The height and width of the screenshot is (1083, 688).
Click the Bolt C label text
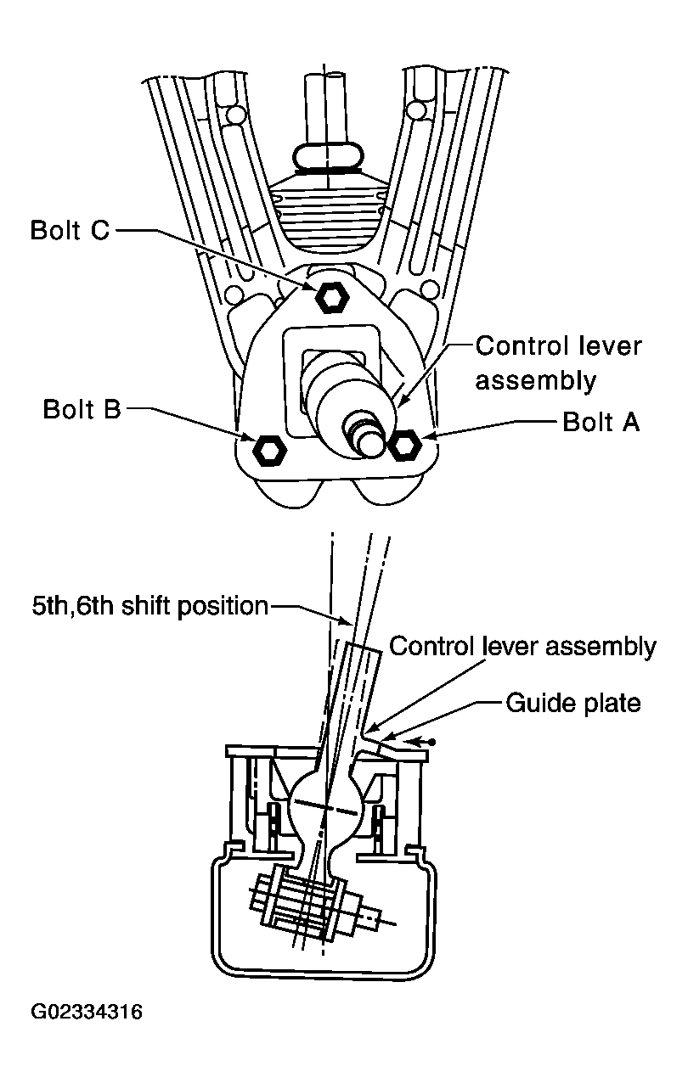click(70, 230)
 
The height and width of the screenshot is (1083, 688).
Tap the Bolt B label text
click(82, 409)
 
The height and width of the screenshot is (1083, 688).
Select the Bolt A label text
click(601, 422)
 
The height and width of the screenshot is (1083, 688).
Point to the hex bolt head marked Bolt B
click(269, 450)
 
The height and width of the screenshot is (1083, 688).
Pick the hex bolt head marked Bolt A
click(405, 446)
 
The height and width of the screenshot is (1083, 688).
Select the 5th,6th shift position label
click(150, 606)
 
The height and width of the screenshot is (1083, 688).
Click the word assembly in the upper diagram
click(536, 380)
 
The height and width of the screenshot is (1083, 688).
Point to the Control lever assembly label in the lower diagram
click(522, 647)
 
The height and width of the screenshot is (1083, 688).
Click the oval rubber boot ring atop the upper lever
click(328, 157)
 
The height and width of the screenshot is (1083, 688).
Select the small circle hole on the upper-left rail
click(237, 115)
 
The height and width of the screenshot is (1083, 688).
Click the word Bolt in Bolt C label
click(54, 230)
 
